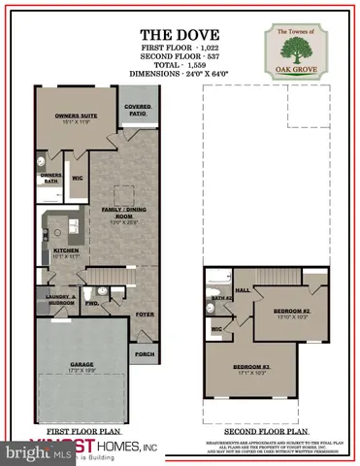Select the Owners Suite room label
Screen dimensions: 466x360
coord(72,120)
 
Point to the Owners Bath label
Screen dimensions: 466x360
coord(51,178)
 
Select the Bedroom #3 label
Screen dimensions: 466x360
coord(251,367)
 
